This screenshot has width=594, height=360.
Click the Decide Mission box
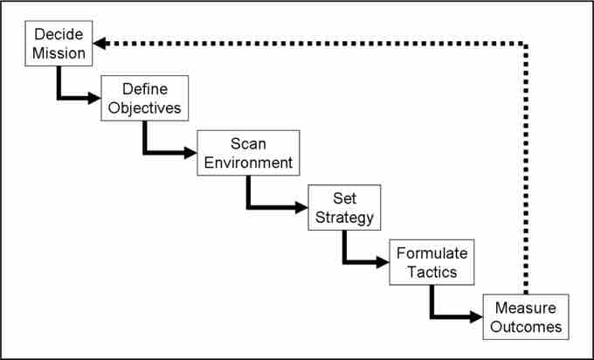tap(60, 44)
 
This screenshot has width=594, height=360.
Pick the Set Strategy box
tap(342, 207)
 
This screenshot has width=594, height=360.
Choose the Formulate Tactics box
tap(432, 261)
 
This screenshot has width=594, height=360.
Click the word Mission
tap(60, 53)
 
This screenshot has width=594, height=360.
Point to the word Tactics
tap(432, 271)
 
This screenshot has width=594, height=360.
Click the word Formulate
tap(432, 253)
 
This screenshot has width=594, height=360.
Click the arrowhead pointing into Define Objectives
tap(94, 98)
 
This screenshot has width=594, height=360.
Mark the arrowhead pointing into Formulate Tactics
tap(383, 261)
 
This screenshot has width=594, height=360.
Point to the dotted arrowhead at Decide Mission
tap(100, 43)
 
